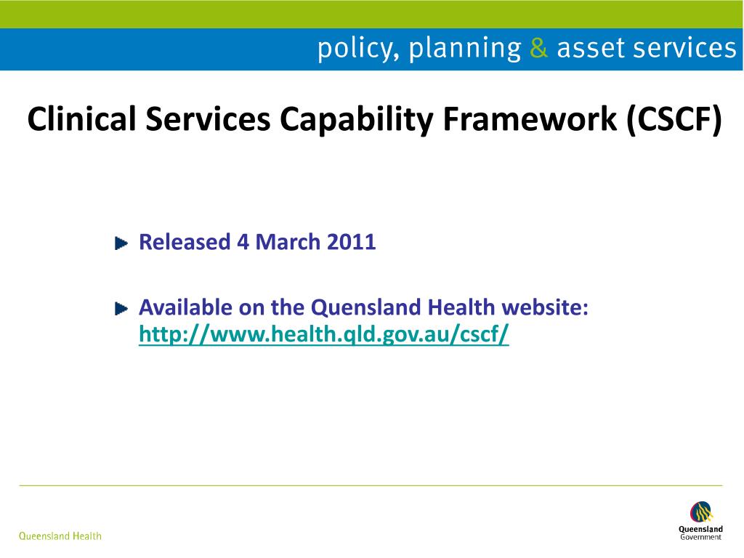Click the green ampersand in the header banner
[538, 49]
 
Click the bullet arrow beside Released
[121, 243]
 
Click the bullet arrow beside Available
[121, 309]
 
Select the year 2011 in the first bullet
[352, 242]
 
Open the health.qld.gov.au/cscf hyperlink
[324, 334]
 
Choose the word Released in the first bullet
[185, 242]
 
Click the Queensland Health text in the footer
[60, 536]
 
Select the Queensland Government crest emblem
[700, 512]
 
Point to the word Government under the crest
[700, 538]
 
